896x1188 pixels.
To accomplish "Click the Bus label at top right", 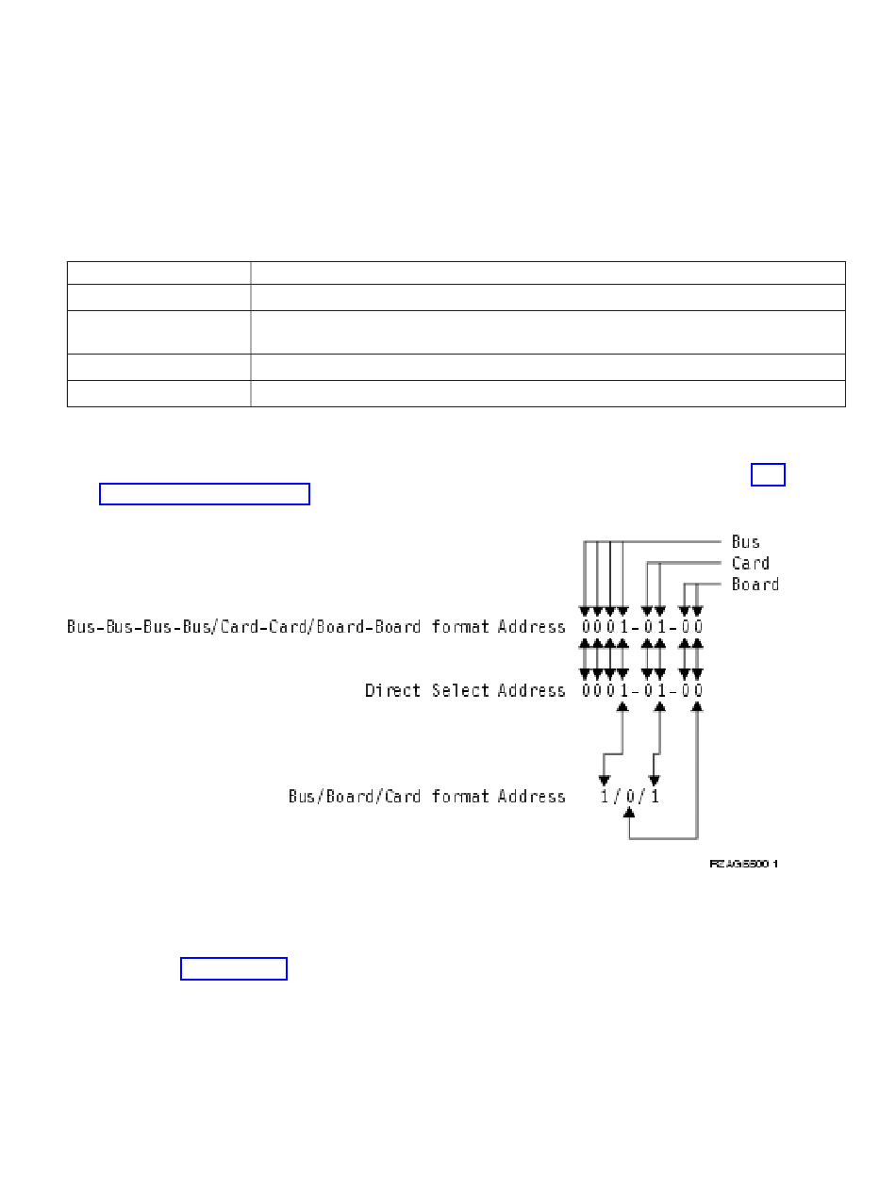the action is pyautogui.click(x=745, y=542).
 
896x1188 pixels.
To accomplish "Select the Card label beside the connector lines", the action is pyautogui.click(x=750, y=564).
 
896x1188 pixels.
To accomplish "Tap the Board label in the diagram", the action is pyautogui.click(x=755, y=585).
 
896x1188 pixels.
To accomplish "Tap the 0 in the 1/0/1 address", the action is pyautogui.click(x=630, y=797).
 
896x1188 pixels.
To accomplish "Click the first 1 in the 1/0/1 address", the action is pyautogui.click(x=605, y=797).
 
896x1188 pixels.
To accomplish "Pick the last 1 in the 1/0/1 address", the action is pyautogui.click(x=655, y=797).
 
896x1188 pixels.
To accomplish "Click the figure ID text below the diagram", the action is pyautogui.click(x=744, y=863).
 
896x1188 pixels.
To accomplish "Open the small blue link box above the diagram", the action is pyautogui.click(x=768, y=473).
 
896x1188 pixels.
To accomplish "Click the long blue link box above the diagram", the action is pyautogui.click(x=205, y=494).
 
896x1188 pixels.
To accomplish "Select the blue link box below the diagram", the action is pyautogui.click(x=234, y=968).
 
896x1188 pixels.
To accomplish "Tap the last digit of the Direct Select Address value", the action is pyautogui.click(x=698, y=691).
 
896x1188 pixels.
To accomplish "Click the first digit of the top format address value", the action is pyautogui.click(x=585, y=627).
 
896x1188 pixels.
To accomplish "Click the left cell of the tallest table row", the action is pyautogui.click(x=158, y=332).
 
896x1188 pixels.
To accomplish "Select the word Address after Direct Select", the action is pyautogui.click(x=533, y=691).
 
